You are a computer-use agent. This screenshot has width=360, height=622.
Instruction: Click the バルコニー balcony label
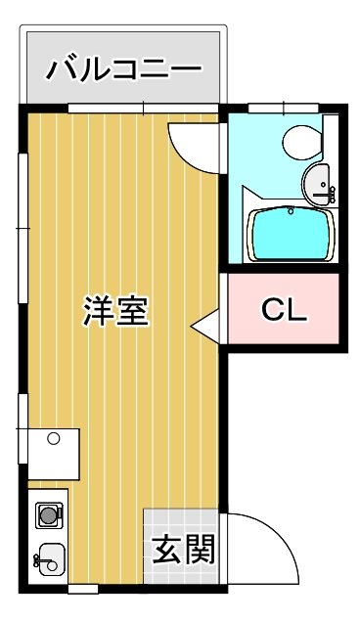pyautogui.click(x=124, y=69)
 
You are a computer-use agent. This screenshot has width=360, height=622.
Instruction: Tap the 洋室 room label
pyautogui.click(x=114, y=310)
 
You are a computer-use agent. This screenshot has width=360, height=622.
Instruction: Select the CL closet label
pyautogui.click(x=285, y=310)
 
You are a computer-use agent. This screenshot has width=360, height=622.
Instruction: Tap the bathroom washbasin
pyautogui.click(x=320, y=181)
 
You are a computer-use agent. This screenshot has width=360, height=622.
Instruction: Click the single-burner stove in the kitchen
pyautogui.click(x=47, y=512)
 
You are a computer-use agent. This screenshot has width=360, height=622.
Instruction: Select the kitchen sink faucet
pyautogui.click(x=37, y=560)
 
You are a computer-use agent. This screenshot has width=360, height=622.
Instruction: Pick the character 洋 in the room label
pyautogui.click(x=97, y=310)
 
